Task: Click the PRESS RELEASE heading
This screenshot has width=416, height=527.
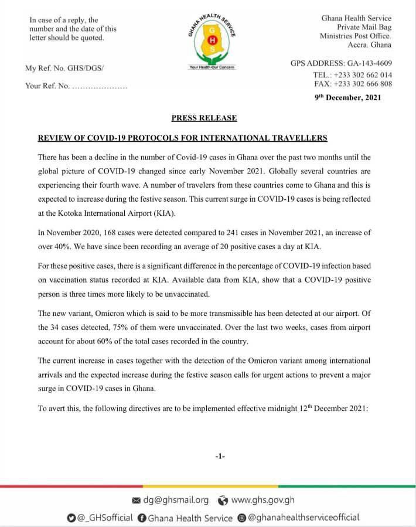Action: click(x=204, y=118)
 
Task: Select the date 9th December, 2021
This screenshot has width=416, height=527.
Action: click(x=348, y=97)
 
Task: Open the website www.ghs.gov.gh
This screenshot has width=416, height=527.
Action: click(x=263, y=500)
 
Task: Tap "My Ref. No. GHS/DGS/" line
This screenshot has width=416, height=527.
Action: click(x=64, y=69)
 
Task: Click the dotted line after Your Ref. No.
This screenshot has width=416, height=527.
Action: click(x=98, y=86)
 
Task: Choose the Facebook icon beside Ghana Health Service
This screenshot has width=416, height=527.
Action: click(x=141, y=518)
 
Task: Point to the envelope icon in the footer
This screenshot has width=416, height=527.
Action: click(x=137, y=500)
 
